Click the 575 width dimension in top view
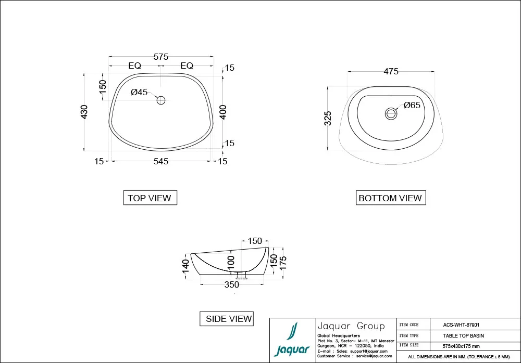161,57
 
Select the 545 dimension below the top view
161,162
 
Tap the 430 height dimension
84,112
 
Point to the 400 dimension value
223,112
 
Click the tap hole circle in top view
161,100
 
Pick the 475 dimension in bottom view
391,72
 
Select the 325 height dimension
328,119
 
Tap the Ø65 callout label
412,106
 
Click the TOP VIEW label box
150,198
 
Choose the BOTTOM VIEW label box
390,198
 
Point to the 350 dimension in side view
232,285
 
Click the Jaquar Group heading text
351,326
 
